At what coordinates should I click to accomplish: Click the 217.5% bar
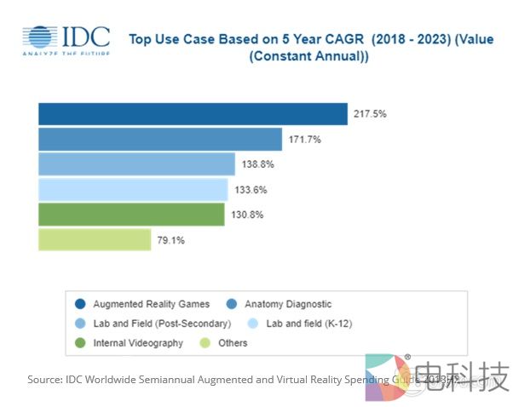pyautogui.click(x=193, y=114)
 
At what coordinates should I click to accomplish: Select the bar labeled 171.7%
pyautogui.click(x=159, y=139)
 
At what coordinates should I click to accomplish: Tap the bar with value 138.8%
pyautogui.click(x=136, y=164)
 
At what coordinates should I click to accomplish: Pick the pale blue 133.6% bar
pyautogui.click(x=133, y=189)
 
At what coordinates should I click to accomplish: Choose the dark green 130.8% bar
pyautogui.click(x=131, y=215)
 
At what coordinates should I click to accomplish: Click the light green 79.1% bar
pyautogui.click(x=95, y=240)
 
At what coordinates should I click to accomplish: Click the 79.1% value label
pyautogui.click(x=170, y=240)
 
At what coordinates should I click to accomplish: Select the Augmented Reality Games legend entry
pyautogui.click(x=146, y=304)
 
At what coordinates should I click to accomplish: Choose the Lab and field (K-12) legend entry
pyautogui.click(x=303, y=324)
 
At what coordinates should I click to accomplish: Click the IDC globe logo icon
pyautogui.click(x=41, y=39)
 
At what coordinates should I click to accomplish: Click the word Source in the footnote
pyautogui.click(x=43, y=379)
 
